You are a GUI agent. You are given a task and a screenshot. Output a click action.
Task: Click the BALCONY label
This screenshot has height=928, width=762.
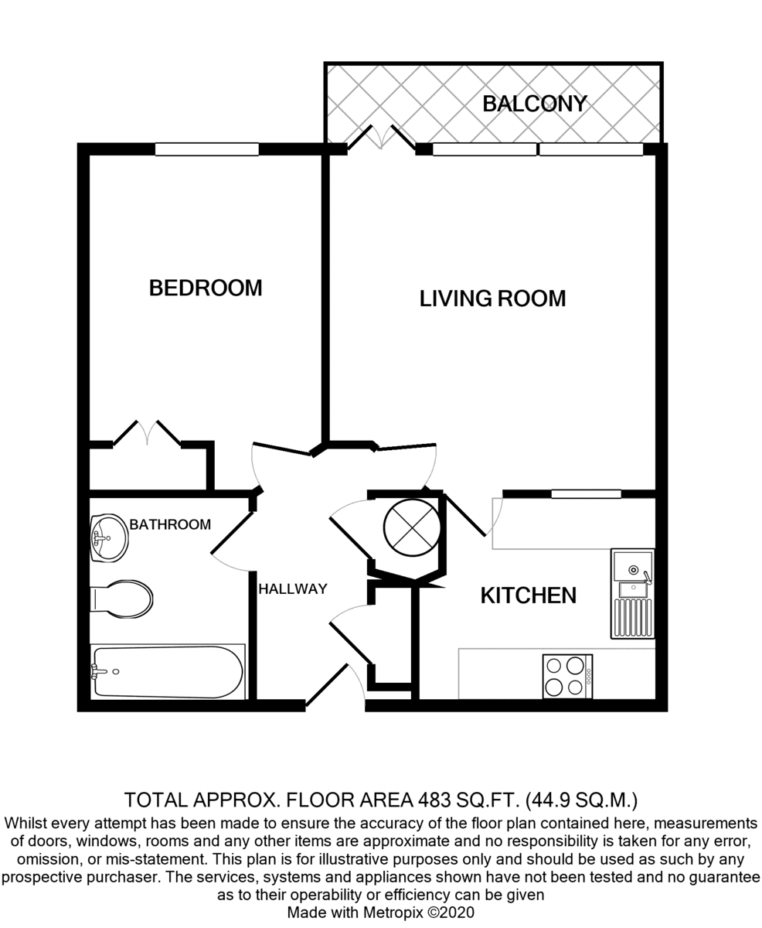[535, 104]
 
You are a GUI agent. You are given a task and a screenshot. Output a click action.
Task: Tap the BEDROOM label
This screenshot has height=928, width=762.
[206, 288]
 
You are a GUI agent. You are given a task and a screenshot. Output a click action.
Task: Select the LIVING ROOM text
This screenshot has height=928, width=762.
[492, 299]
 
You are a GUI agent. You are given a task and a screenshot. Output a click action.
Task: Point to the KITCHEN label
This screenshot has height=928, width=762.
[528, 595]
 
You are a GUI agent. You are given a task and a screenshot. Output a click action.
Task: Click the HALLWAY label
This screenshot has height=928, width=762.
[293, 589]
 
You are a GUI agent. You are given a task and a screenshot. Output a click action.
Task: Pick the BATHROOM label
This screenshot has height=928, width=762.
[170, 524]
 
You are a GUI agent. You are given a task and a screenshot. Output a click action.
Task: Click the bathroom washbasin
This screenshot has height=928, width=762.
[109, 537]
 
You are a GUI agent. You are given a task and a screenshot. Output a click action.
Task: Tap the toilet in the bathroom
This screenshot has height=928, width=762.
[121, 599]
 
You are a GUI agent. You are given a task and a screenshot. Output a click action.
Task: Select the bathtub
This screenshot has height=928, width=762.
[168, 672]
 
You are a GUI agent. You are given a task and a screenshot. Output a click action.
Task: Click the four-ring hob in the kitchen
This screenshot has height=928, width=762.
[568, 677]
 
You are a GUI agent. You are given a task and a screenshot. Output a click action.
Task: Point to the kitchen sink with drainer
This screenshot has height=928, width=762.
[633, 594]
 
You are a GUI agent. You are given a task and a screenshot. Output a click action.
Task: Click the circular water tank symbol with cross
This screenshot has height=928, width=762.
[412, 527]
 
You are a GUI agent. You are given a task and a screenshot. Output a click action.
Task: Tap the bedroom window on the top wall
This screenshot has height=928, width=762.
[206, 149]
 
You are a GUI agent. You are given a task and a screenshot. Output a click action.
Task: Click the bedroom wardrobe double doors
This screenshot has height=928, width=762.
[147, 433]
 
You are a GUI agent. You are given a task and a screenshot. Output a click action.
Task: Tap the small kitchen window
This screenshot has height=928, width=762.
[586, 494]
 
